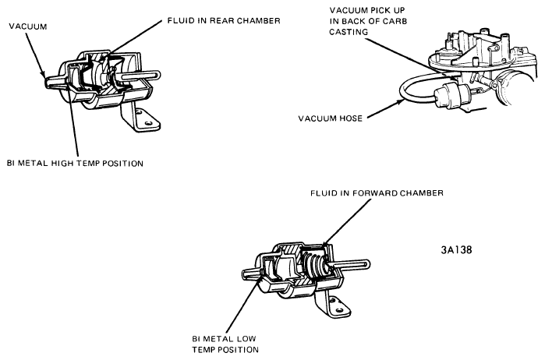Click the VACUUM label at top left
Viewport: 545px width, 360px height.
[x=28, y=26]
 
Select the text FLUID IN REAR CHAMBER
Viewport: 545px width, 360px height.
[x=224, y=21]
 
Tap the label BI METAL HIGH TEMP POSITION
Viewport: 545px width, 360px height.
[x=75, y=164]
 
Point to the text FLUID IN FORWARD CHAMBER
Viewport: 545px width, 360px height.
[x=377, y=193]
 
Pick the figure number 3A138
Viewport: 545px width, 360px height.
[x=457, y=250]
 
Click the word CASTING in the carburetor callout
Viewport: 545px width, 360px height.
[x=349, y=32]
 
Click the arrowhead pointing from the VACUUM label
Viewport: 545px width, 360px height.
[x=43, y=74]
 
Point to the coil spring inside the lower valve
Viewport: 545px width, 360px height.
[x=314, y=265]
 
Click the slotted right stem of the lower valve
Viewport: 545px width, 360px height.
[x=351, y=265]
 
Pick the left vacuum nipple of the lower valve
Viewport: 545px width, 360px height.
[x=250, y=273]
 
